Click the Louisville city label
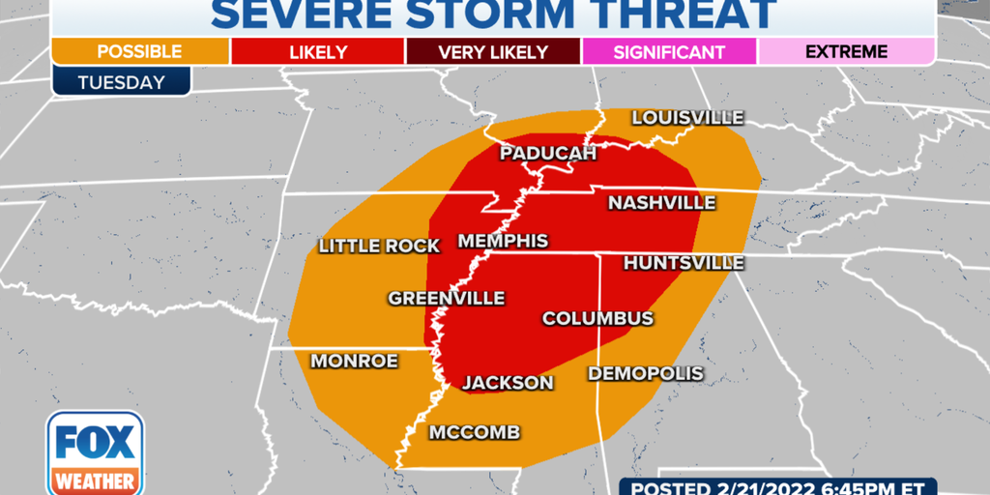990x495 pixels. coord(687,118)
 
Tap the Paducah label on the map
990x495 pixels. coord(547,154)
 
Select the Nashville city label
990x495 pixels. coord(661,203)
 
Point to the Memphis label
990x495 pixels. coord(503,241)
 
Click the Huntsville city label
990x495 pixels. coord(684,263)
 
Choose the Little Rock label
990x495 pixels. coord(379,247)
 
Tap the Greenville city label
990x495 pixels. coord(447,299)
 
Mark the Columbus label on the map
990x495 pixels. coord(597,318)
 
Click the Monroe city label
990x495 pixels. coord(354,361)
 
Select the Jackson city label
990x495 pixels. coord(508,383)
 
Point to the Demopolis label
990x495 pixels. coord(646,373)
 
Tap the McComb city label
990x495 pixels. coord(475,431)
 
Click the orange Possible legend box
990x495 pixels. coord(139,51)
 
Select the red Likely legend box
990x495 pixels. coord(317,51)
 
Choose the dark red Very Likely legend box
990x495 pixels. coord(493,51)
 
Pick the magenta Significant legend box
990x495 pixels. coord(669,51)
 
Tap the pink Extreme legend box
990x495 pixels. coord(846,51)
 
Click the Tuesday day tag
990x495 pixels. coord(121,82)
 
